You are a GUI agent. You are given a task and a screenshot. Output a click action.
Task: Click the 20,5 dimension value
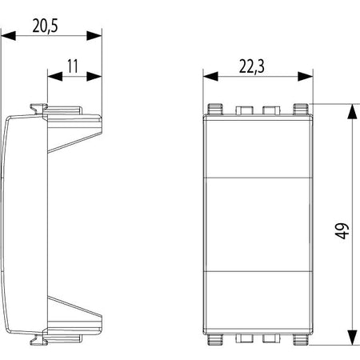45,26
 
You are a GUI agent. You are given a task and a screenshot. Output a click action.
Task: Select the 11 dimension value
73,66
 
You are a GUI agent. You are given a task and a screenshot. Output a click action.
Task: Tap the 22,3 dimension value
252,66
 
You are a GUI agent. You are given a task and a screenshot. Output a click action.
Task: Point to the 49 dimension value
342,231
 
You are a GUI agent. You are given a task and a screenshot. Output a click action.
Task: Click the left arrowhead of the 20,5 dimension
8,36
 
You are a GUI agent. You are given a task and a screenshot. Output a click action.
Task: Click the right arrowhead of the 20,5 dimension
94,36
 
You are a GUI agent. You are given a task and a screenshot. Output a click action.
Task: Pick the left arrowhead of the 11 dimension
55,77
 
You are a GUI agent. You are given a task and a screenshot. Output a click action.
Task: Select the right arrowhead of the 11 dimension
94,77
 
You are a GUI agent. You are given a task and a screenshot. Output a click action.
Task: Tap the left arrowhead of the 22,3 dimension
210,77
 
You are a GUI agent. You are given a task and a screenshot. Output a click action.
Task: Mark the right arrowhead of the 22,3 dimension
306,77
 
